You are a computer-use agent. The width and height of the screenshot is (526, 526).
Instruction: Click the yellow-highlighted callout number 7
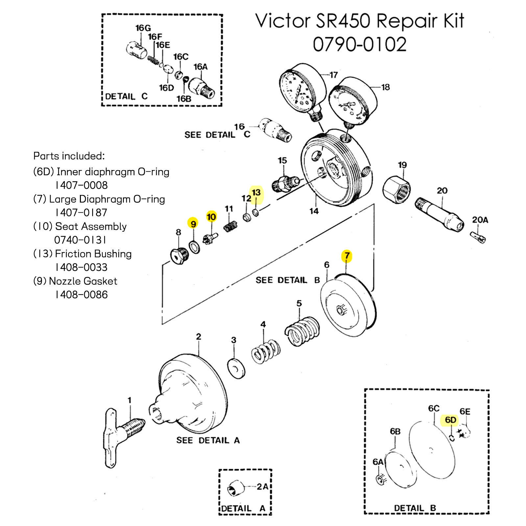pos(347,256)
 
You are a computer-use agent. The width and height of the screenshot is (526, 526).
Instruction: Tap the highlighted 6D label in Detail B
pos(450,420)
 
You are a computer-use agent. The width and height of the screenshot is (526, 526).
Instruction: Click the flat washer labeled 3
pos(236,369)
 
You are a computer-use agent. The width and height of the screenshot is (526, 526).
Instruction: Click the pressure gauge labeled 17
pos(301,89)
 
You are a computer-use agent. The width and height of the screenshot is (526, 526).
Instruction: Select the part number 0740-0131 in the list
pos(80,240)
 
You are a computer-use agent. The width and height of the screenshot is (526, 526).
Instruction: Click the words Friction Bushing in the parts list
pos(93,254)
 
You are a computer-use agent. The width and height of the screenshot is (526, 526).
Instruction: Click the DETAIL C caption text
pos(126,97)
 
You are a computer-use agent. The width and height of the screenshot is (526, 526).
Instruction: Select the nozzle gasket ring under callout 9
pos(194,247)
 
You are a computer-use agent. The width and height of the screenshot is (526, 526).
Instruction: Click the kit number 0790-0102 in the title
pos(360,44)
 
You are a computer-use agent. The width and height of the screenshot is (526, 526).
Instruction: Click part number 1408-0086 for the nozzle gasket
pos(81,295)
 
